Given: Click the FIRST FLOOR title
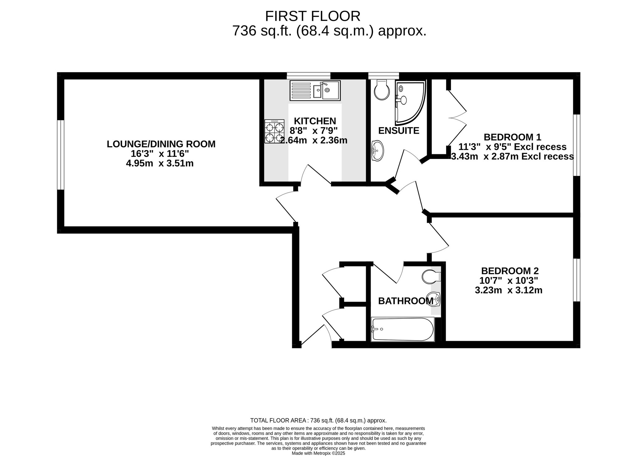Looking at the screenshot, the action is pyautogui.click(x=313, y=16).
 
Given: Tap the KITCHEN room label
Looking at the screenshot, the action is pyautogui.click(x=315, y=121).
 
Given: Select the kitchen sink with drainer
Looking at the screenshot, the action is pyautogui.click(x=315, y=90).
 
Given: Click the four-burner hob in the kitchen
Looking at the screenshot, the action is pyautogui.click(x=275, y=131).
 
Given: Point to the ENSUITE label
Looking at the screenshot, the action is pyautogui.click(x=399, y=131).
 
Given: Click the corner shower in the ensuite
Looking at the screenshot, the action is pyautogui.click(x=410, y=101).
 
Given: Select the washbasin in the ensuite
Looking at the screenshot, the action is pyautogui.click(x=378, y=151).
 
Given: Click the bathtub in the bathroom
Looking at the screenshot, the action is pyautogui.click(x=403, y=329).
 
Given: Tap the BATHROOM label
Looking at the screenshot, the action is pyautogui.click(x=406, y=301).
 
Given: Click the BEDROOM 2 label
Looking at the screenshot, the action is pyautogui.click(x=510, y=271).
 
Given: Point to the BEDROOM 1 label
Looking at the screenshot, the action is pyautogui.click(x=512, y=137).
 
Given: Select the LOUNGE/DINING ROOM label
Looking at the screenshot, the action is pyautogui.click(x=161, y=144).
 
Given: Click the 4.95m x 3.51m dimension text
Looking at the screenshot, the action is pyautogui.click(x=160, y=163).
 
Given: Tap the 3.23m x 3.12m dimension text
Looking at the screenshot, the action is pyautogui.click(x=509, y=290).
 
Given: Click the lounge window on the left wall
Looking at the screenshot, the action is pyautogui.click(x=60, y=155).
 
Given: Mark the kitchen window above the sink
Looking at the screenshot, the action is pyautogui.click(x=309, y=76).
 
